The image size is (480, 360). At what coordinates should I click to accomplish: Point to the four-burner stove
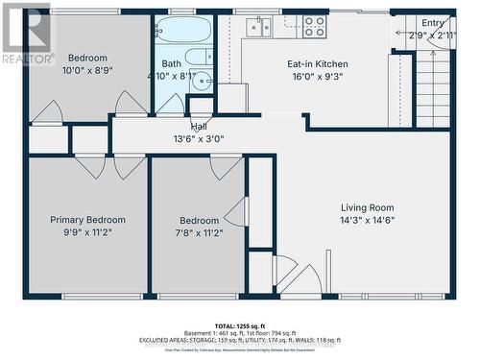pos(314,27)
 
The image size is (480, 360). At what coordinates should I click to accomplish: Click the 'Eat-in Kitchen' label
pos(318,64)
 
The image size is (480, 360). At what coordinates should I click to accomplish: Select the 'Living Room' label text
pos(368,207)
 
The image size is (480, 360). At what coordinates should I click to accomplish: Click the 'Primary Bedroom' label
pos(87,220)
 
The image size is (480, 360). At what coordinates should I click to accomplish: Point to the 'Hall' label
pos(199,126)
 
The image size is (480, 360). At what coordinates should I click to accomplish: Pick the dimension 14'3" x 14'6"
pos(368,220)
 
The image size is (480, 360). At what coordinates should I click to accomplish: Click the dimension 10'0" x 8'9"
pos(87,70)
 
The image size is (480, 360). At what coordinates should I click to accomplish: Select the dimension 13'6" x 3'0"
pos(199,138)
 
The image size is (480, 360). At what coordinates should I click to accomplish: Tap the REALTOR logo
pos(27,35)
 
